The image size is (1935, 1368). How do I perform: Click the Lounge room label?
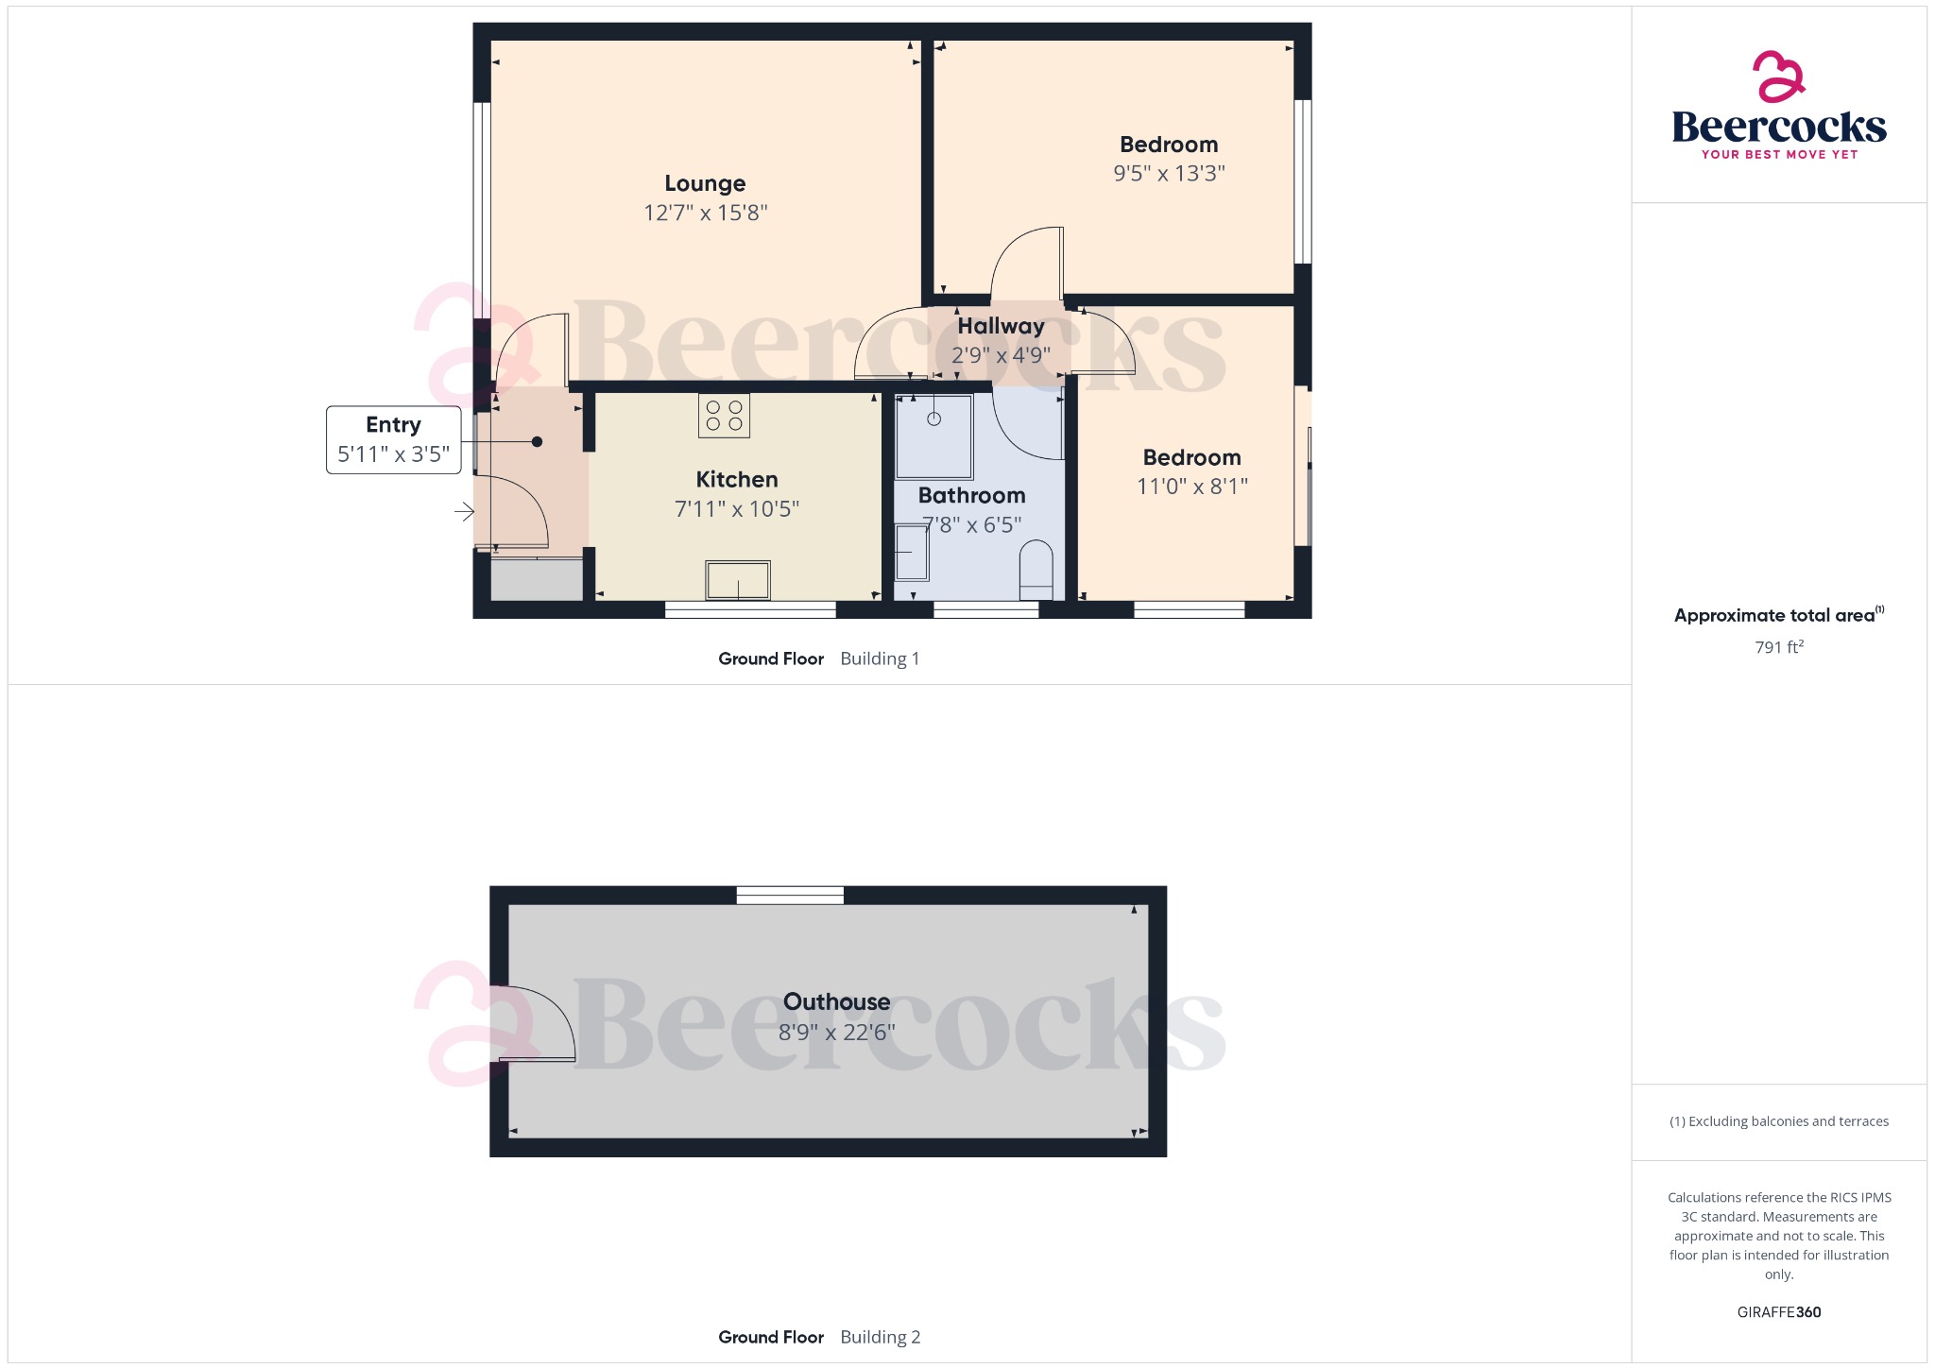(x=705, y=183)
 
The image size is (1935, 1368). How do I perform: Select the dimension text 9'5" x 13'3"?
(x=1169, y=174)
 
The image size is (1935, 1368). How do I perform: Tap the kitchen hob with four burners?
(x=724, y=416)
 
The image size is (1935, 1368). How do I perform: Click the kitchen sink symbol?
(x=738, y=580)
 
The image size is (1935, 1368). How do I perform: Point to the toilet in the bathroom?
(x=1036, y=570)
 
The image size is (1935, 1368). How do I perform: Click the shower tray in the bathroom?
(x=933, y=436)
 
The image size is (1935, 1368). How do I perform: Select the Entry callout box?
(x=394, y=440)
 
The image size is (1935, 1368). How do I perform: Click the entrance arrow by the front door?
(x=464, y=512)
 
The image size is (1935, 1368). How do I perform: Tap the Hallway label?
(x=1001, y=326)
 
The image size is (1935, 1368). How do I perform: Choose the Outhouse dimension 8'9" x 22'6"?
(x=836, y=1033)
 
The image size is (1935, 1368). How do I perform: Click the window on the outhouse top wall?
(x=790, y=895)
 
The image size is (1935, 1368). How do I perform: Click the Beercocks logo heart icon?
(x=1778, y=77)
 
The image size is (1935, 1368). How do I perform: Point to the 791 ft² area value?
(x=1779, y=647)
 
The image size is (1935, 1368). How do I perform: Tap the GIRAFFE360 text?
(x=1778, y=1312)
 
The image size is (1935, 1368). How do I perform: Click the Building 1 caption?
(x=880, y=659)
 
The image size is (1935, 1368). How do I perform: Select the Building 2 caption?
(x=880, y=1337)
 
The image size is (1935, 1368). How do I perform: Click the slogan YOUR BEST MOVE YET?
(x=1779, y=155)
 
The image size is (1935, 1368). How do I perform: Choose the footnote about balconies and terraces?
(x=1779, y=1121)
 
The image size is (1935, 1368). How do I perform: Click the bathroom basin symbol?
(x=912, y=553)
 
